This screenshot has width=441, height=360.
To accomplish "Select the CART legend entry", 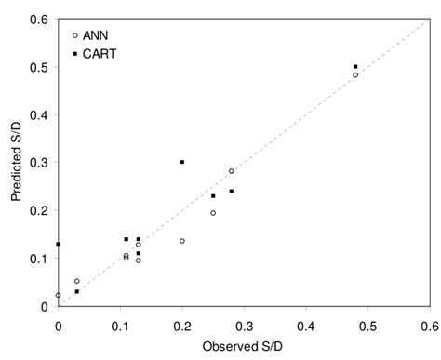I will (97, 54).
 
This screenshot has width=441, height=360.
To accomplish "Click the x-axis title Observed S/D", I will (244, 346).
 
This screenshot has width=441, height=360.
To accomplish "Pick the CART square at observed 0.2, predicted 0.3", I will (182, 162).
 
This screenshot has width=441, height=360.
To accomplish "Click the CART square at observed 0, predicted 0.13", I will (58, 244).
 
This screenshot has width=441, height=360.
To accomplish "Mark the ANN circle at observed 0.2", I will (182, 241).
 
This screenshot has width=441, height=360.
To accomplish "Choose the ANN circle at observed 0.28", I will (232, 171).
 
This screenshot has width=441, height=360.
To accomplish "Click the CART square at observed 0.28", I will (232, 192).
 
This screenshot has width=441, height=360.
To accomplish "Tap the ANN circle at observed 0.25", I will (213, 213).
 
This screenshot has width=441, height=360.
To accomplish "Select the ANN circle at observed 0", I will (58, 295).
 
